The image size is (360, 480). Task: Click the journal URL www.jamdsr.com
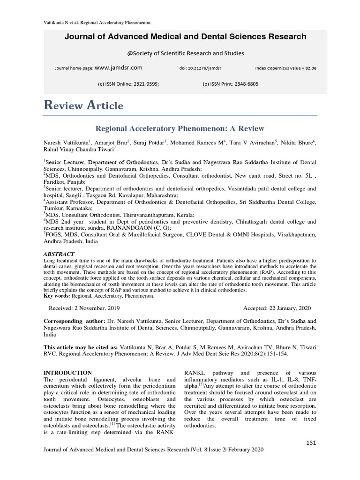pos(119,68)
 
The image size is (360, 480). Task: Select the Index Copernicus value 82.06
pos(310,68)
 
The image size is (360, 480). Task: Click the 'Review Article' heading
pos(83,105)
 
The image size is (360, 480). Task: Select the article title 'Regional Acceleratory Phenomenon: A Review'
pos(180,128)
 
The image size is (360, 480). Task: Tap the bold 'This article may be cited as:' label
pos(81,348)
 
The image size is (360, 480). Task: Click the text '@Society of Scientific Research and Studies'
pos(180,53)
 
